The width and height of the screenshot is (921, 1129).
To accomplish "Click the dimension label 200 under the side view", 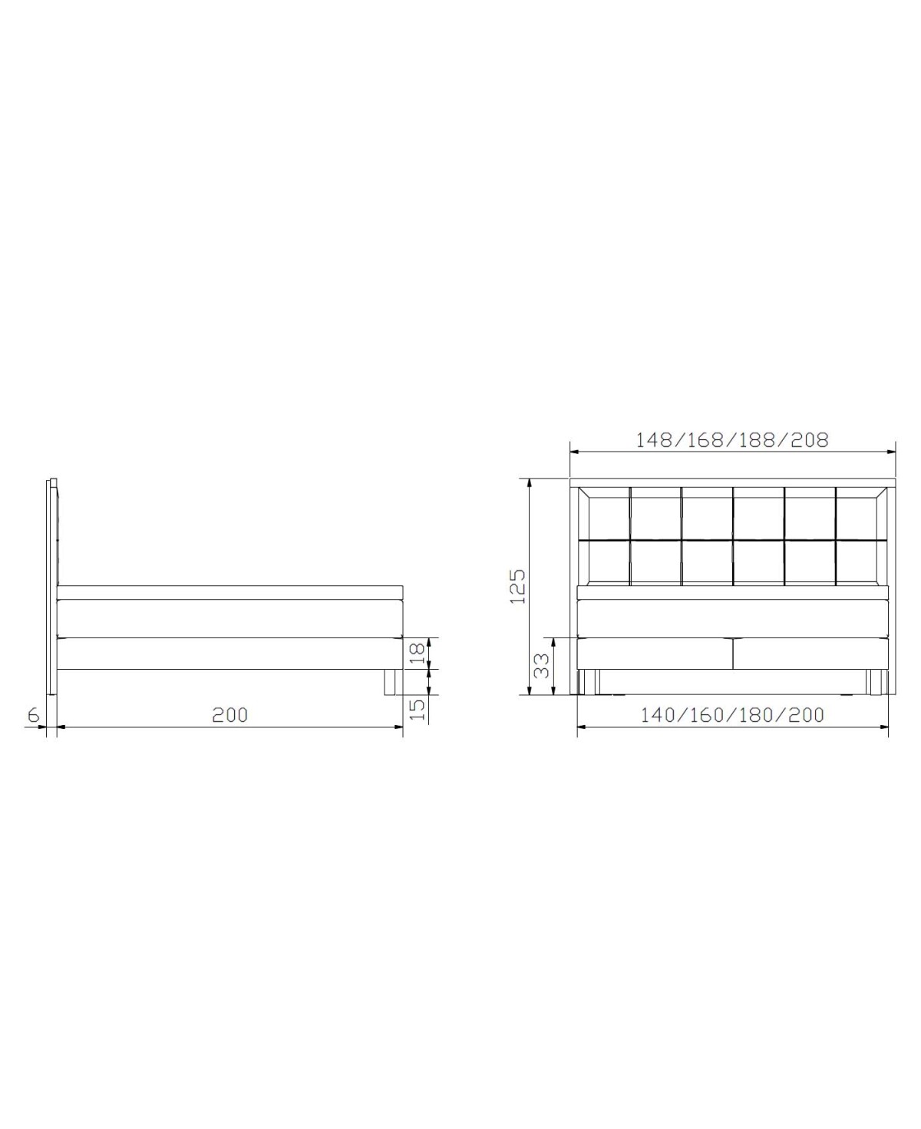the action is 230,715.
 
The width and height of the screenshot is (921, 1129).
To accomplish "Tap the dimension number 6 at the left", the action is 33,715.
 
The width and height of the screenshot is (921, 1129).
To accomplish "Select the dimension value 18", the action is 417,654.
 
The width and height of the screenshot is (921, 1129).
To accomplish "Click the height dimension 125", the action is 517,587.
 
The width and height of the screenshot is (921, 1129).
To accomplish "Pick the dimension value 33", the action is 542,665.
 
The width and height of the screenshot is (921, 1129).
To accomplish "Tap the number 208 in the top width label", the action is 810,440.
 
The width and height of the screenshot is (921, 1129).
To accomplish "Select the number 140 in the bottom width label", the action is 658,715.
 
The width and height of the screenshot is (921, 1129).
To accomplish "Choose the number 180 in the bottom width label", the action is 758,715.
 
